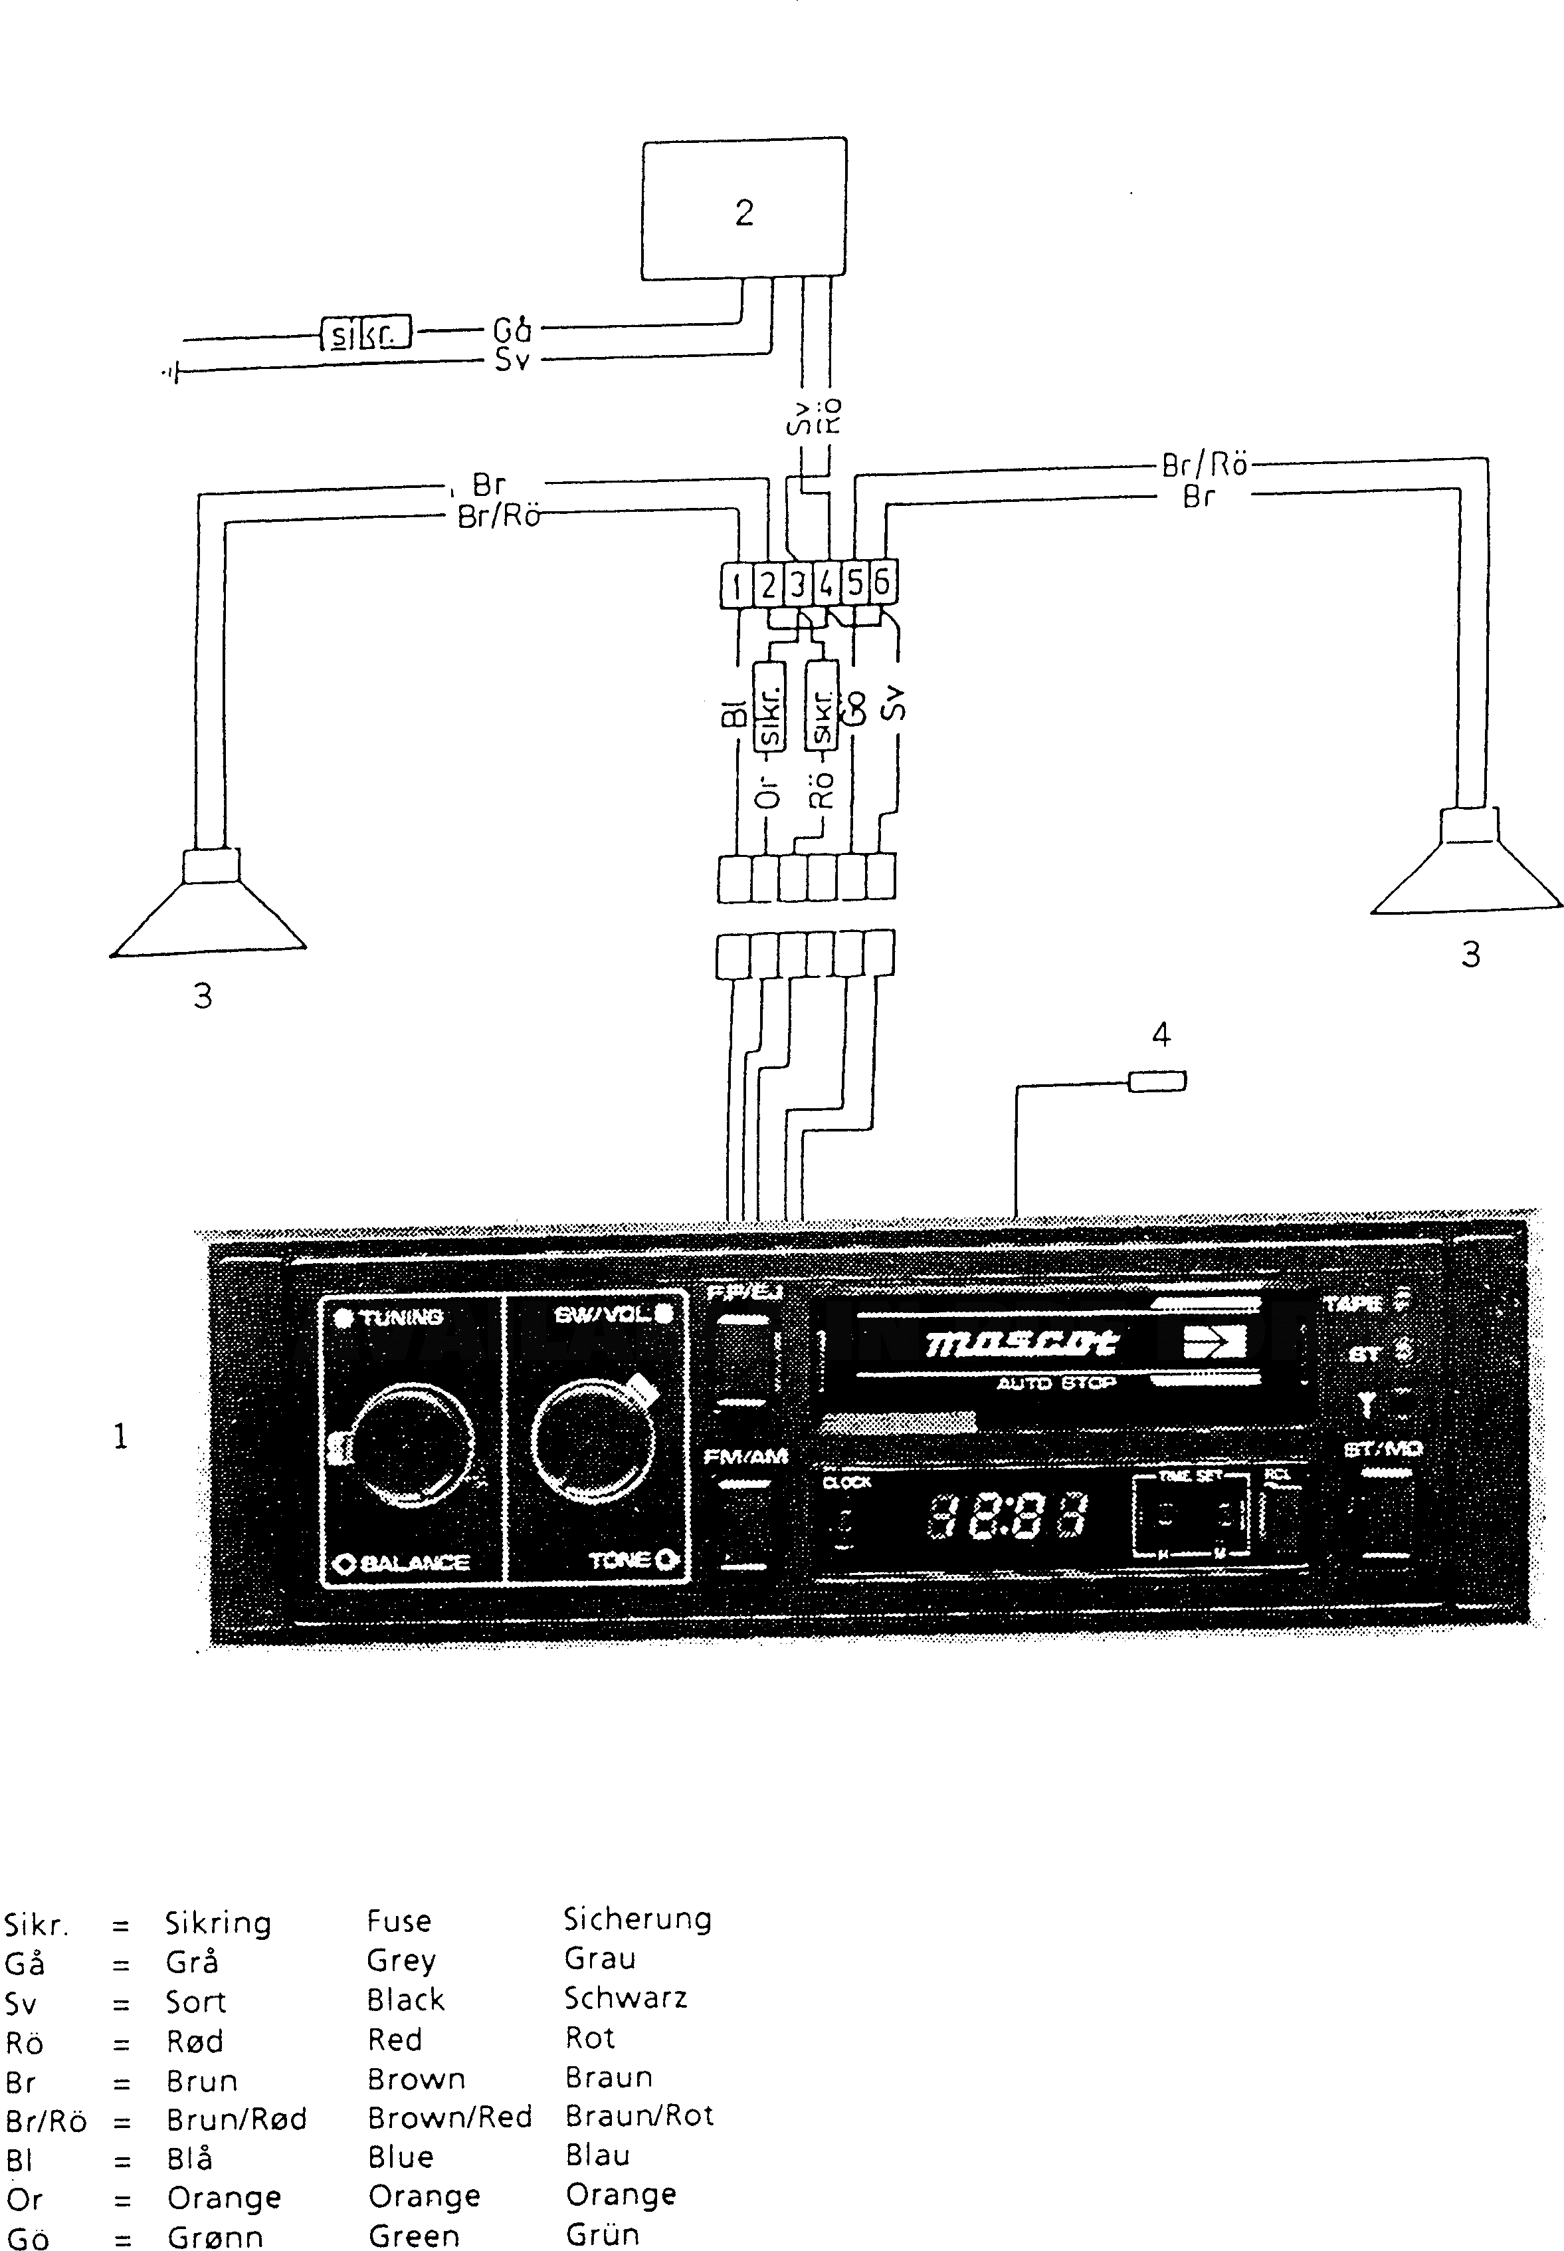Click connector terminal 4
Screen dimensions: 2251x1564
coord(826,584)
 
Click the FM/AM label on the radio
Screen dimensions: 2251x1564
coord(745,1457)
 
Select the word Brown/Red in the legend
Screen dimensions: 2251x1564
coord(449,2117)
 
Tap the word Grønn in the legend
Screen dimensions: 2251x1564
coord(215,2237)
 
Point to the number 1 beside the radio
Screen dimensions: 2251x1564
coord(120,1437)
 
